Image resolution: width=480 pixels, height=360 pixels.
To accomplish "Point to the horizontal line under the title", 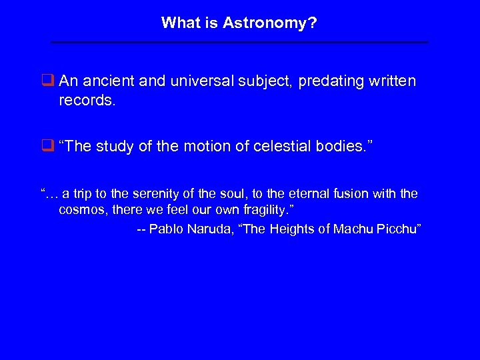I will [240, 43].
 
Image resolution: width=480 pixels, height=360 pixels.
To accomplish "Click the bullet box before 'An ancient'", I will [47, 81].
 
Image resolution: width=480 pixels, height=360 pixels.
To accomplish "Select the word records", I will [85, 101].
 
